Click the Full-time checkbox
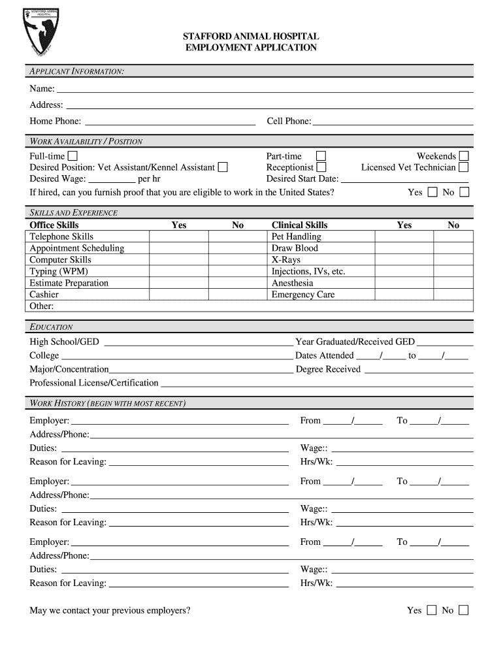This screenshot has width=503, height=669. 73,156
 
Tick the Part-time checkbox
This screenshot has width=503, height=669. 321,156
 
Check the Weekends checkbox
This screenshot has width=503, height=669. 464,156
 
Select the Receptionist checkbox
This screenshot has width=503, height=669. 321,167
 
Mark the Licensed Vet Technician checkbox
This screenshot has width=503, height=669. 464,167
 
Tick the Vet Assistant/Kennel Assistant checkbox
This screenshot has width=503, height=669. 223,167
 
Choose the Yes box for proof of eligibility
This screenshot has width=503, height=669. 432,192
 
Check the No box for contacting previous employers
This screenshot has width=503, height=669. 464,610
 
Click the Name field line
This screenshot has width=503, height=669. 264,88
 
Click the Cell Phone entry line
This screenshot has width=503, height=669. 392,121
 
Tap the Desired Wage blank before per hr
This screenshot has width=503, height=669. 112,179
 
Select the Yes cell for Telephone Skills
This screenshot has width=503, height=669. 178,237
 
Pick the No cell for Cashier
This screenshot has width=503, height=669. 238,295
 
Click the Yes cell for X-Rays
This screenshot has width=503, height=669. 404,260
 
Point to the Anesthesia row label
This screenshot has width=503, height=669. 293,283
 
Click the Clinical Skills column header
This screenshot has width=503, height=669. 300,225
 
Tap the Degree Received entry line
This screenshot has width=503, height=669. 418,370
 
